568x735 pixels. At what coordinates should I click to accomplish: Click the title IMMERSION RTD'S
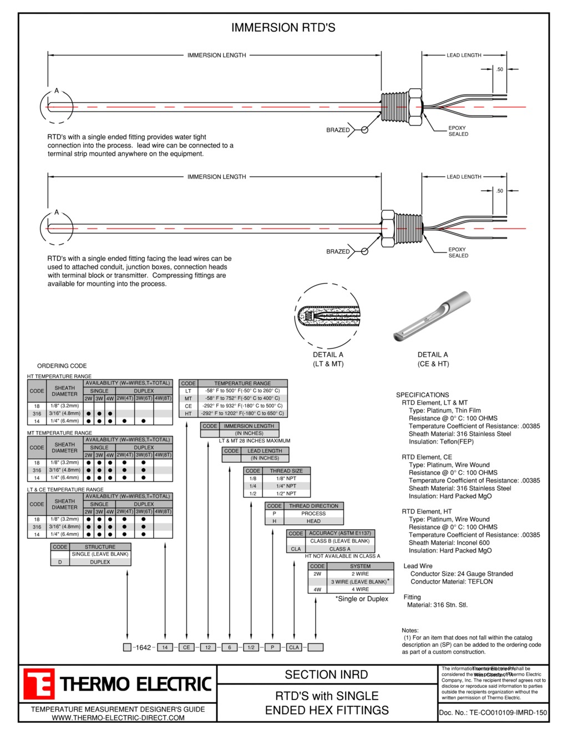pyautogui.click(x=283, y=28)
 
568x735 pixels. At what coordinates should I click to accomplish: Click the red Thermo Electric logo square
pyautogui.click(x=39, y=684)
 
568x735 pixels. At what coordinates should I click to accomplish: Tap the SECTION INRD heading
pyautogui.click(x=326, y=675)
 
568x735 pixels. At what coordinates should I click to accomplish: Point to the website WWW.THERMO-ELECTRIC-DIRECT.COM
pyautogui.click(x=118, y=718)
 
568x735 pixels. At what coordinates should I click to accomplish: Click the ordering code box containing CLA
pyautogui.click(x=294, y=647)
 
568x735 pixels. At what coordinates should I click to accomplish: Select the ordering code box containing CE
pyautogui.click(x=186, y=647)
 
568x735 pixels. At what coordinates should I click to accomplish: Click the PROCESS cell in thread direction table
pyautogui.click(x=313, y=514)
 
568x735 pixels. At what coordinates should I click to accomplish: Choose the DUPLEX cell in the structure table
pyautogui.click(x=100, y=562)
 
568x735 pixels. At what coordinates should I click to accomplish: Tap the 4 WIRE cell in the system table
pyautogui.click(x=360, y=589)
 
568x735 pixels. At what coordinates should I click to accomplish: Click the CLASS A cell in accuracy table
pyautogui.click(x=339, y=549)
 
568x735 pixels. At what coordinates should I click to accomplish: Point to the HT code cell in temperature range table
pyautogui.click(x=188, y=413)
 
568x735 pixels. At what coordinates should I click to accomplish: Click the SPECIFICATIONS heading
pyautogui.click(x=422, y=395)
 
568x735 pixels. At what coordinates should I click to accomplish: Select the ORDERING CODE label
pyautogui.click(x=62, y=366)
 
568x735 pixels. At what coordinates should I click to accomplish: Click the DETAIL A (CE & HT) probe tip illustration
pyautogui.click(x=432, y=317)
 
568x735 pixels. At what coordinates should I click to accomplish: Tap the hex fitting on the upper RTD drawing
pyautogui.click(x=414, y=104)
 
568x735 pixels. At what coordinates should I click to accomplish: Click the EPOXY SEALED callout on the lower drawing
pyautogui.click(x=458, y=252)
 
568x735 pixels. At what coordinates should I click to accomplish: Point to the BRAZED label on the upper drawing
pyautogui.click(x=338, y=130)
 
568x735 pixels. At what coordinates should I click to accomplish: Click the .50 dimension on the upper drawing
pyautogui.click(x=500, y=69)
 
